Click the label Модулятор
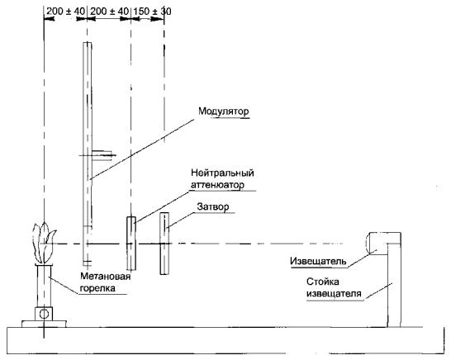tap(224, 111)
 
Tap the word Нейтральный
tap(222, 173)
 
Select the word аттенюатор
tap(217, 185)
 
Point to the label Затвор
tap(213, 207)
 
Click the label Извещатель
tap(318, 262)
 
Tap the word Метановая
tap(105, 277)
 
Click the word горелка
tap(97, 288)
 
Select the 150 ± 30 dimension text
tap(152, 12)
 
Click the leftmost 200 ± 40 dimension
tap(66, 12)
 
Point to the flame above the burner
tap(44, 243)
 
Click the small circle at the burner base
tap(44, 314)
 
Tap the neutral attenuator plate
tap(131, 244)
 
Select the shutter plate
tap(164, 244)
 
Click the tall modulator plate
tap(88, 154)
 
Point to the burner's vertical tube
tap(44, 286)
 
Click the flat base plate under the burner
tap(44, 324)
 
